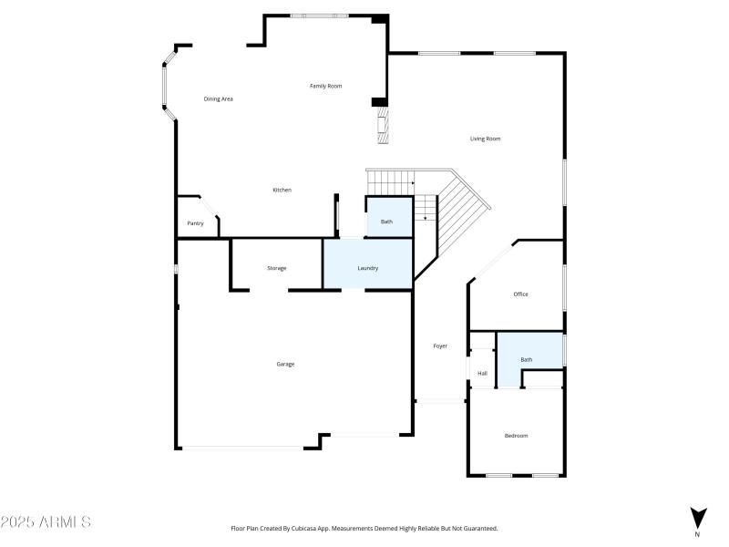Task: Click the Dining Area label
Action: coord(218,98)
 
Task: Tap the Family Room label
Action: coord(325,86)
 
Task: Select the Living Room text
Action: coord(485,139)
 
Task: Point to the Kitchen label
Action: coord(282,190)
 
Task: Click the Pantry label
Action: coord(195,223)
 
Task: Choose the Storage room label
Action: coord(276,268)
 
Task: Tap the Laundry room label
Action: coord(367,268)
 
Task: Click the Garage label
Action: coord(285,364)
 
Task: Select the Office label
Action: coord(520,294)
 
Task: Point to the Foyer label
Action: coord(440,346)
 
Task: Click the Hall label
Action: coord(482,373)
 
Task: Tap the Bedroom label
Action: coord(516,436)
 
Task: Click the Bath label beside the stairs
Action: coord(386,222)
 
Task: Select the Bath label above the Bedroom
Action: coord(526,359)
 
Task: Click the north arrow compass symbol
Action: coord(698,518)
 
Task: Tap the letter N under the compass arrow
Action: coord(698,534)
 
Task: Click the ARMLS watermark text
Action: coord(46,522)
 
